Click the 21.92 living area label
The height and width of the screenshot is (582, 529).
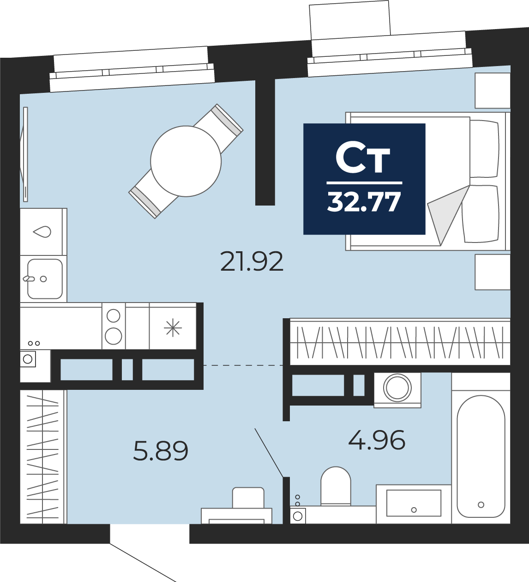pyautogui.click(x=252, y=261)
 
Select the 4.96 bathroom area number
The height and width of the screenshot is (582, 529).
pyautogui.click(x=377, y=440)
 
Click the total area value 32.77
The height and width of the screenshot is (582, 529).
pyautogui.click(x=364, y=202)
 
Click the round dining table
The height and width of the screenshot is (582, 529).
pyautogui.click(x=186, y=161)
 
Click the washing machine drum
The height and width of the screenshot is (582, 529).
pyautogui.click(x=397, y=388)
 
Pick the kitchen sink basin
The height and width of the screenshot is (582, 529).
pyautogui.click(x=45, y=279)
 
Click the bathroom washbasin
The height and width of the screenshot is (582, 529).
pyautogui.click(x=414, y=503)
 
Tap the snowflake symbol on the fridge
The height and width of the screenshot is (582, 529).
pyautogui.click(x=173, y=328)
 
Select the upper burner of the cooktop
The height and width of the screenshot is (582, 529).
pyautogui.click(x=114, y=315)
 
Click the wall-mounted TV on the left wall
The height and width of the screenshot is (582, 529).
pyautogui.click(x=24, y=154)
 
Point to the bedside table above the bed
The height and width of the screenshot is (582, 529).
pyautogui.click(x=493, y=91)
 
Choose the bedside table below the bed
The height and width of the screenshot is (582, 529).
pyautogui.click(x=493, y=272)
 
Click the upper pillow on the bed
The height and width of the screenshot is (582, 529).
pyautogui.click(x=484, y=149)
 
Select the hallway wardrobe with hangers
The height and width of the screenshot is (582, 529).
pyautogui.click(x=43, y=457)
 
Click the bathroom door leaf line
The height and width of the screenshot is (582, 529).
pyautogui.click(x=269, y=452)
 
